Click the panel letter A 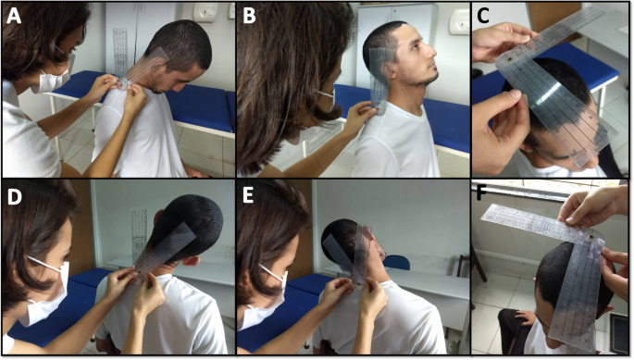(x=14, y=16)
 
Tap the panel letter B (x=250, y=16)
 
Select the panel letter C (x=483, y=16)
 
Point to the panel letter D (x=15, y=196)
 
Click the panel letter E (x=247, y=196)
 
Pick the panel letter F (x=481, y=193)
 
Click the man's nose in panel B (x=431, y=53)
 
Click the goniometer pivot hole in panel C (x=513, y=60)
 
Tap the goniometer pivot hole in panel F (x=591, y=235)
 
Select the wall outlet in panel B (x=460, y=20)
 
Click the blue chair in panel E (x=396, y=263)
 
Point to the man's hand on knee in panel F (x=525, y=317)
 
